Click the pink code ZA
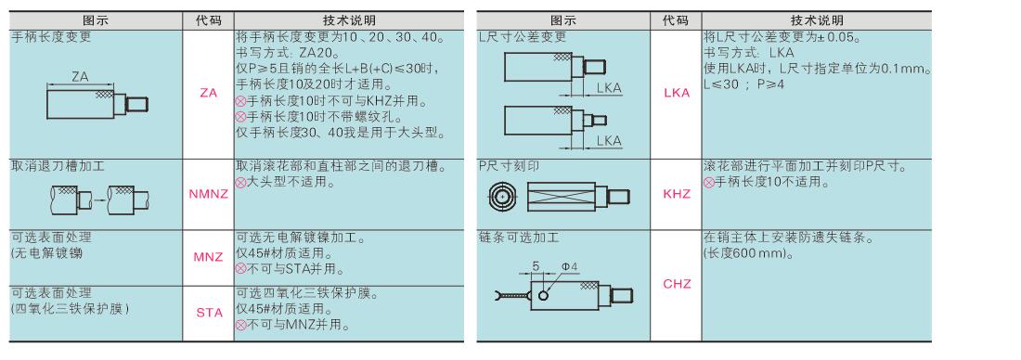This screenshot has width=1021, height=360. [208, 93]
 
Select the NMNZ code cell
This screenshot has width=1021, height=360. [208, 193]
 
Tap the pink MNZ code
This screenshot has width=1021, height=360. [208, 256]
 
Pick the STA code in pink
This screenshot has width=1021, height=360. [209, 313]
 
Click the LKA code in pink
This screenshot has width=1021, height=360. [677, 93]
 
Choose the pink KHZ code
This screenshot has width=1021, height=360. [677, 194]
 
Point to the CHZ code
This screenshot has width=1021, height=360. [677, 284]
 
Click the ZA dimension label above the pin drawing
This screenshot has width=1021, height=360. [80, 77]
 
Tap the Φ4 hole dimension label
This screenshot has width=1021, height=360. [570, 265]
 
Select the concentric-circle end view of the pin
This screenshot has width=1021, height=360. [502, 196]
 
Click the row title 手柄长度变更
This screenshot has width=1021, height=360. [52, 37]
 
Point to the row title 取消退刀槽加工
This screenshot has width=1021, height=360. [58, 166]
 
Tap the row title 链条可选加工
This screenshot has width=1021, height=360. [518, 237]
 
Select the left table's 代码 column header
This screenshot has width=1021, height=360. [208, 20]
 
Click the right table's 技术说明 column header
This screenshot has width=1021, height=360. [817, 20]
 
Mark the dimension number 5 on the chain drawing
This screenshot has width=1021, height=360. [536, 265]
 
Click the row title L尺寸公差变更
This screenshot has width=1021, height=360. [523, 37]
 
